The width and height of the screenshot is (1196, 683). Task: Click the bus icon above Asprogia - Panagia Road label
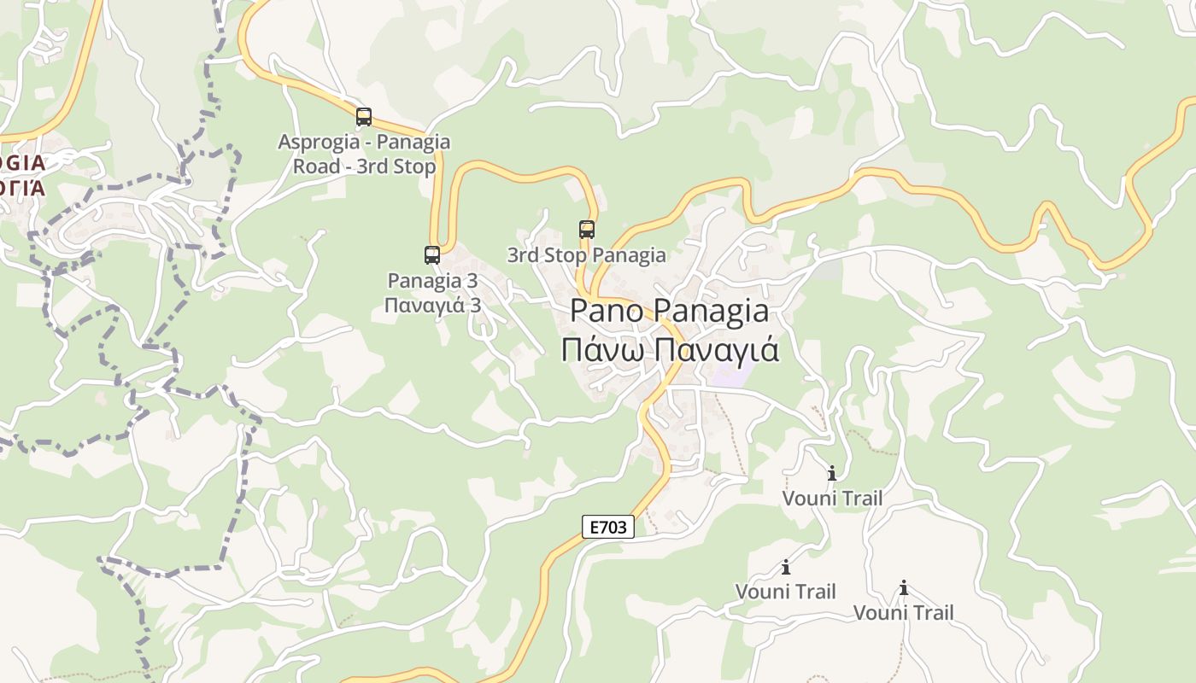[364, 117]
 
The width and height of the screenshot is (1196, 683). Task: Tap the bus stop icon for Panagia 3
[432, 254]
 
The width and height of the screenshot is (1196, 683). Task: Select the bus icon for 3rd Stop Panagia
[587, 229]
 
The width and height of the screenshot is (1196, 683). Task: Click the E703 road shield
[608, 527]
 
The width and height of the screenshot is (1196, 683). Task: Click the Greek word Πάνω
[599, 350]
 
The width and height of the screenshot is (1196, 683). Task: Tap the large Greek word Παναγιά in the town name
[718, 350]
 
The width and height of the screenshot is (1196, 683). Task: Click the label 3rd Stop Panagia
[586, 254]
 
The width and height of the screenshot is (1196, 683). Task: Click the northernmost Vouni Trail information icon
[832, 473]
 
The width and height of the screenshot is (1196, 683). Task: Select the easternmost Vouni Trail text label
[903, 612]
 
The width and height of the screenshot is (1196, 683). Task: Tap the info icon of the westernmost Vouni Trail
[786, 567]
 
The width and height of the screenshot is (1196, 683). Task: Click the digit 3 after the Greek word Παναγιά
[475, 305]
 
